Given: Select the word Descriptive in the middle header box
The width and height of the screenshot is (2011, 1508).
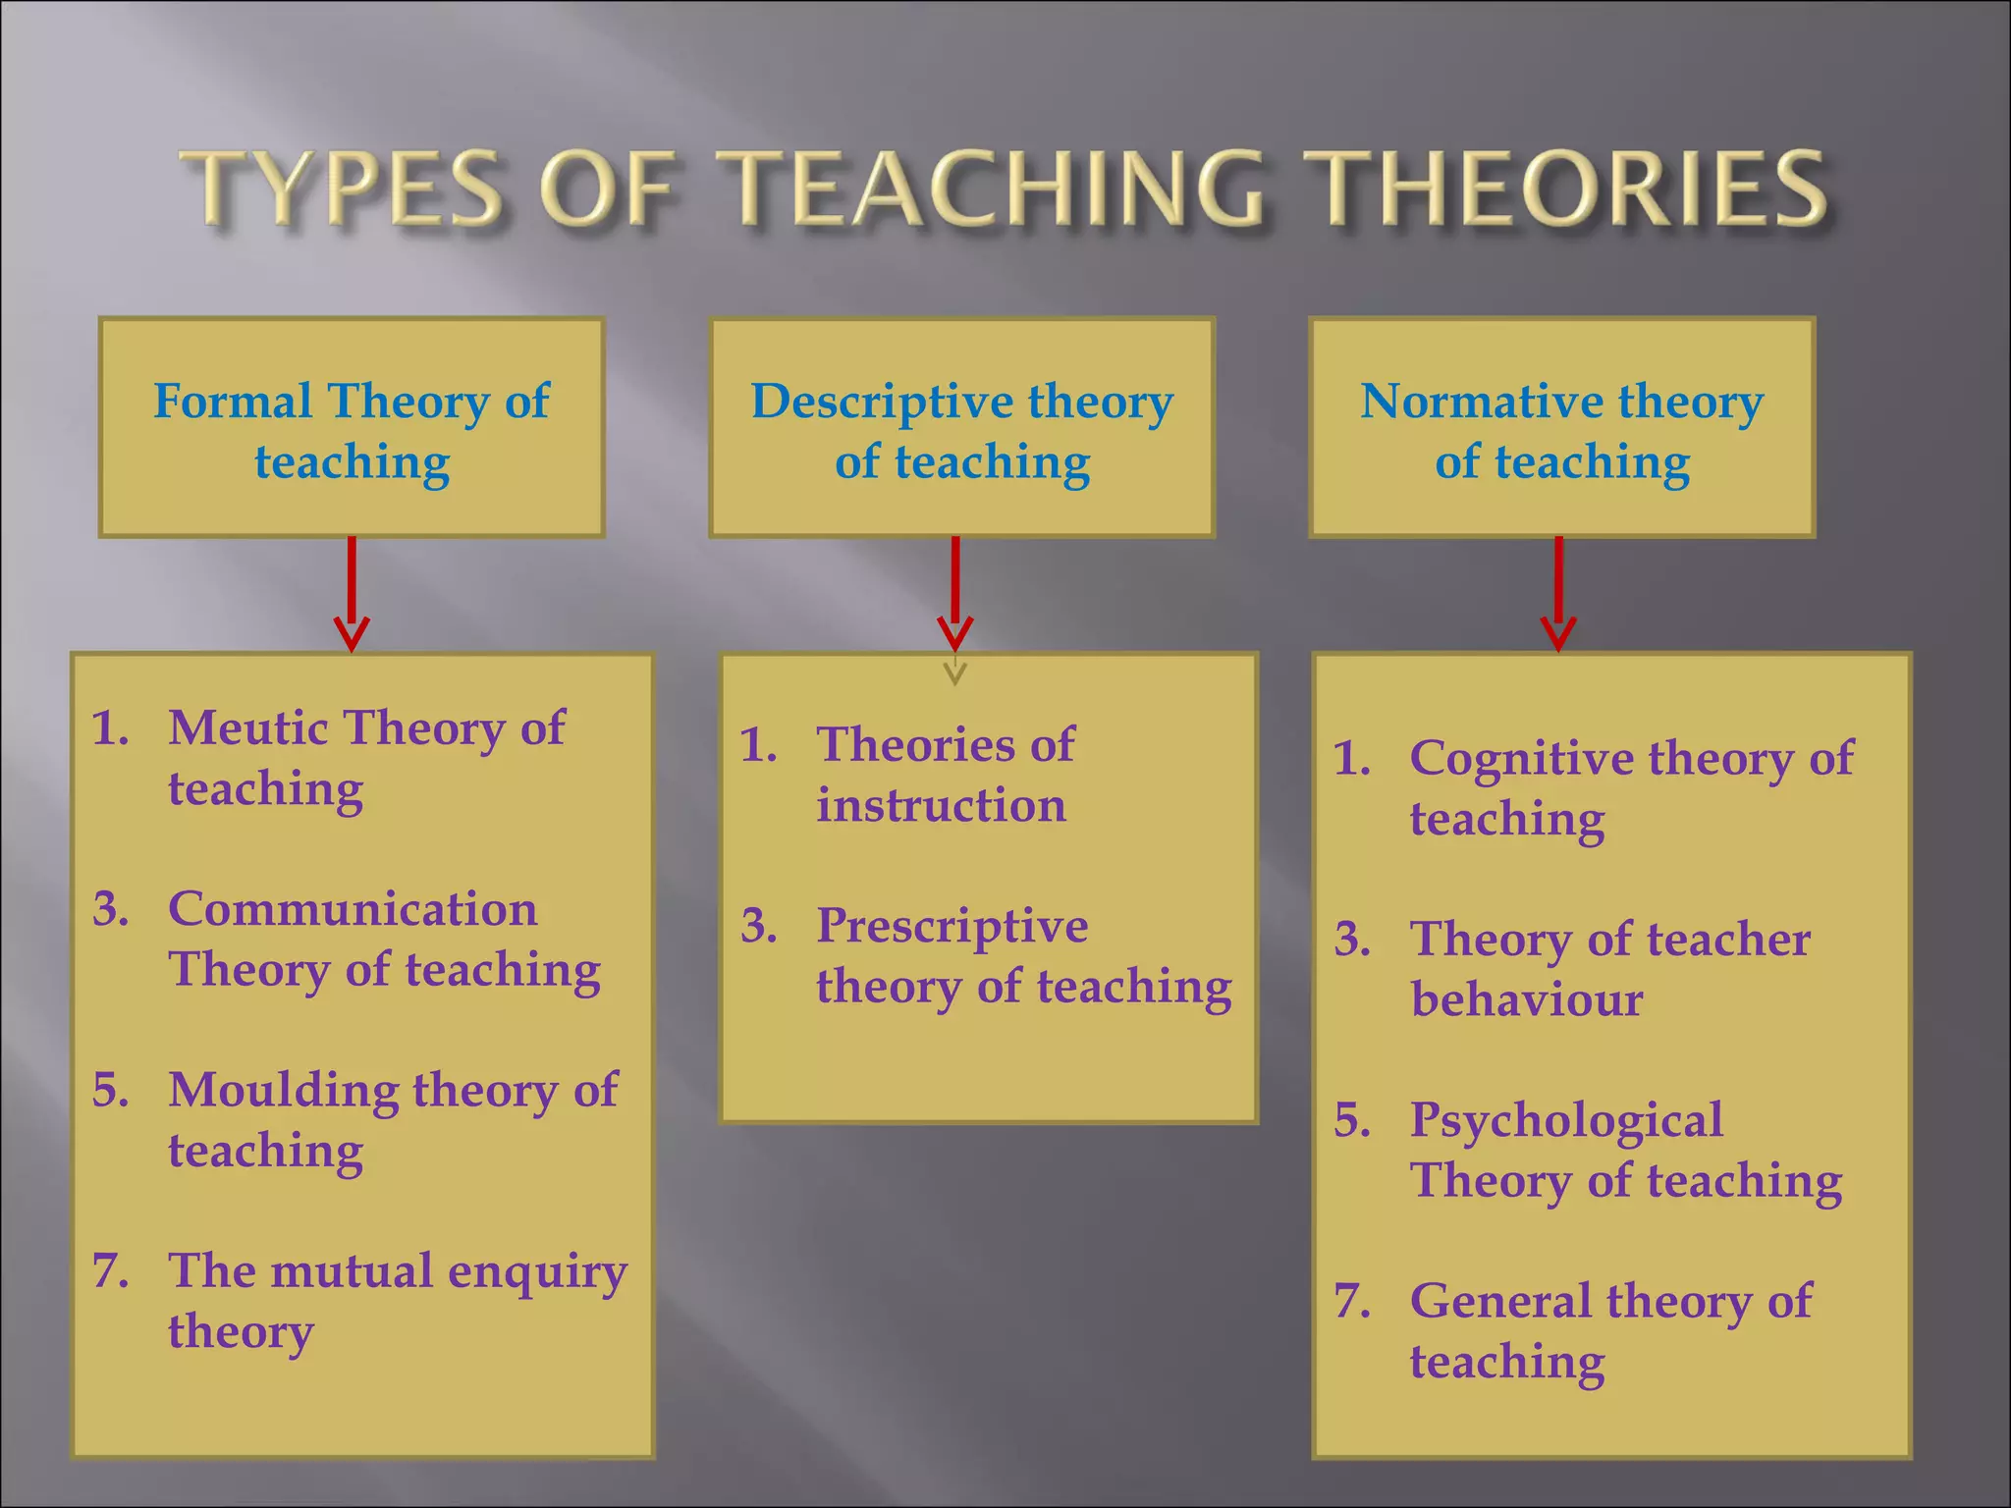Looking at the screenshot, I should click(x=881, y=402).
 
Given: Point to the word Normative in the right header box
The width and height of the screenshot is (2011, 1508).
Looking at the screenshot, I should click(x=1480, y=402).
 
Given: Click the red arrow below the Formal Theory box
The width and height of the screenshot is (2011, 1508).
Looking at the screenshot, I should click(x=352, y=593).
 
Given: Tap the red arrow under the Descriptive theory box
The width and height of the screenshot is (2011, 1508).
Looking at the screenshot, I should click(x=955, y=593).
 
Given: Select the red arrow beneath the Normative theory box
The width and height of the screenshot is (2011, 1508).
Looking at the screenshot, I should click(x=1558, y=593).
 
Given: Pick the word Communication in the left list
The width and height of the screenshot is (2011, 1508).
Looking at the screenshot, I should click(x=353, y=909).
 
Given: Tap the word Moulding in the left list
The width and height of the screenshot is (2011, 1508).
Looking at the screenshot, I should click(x=283, y=1090).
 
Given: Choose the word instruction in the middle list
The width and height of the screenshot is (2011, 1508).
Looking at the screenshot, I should click(x=941, y=806).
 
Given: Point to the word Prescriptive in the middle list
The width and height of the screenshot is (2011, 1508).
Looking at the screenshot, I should click(x=952, y=927).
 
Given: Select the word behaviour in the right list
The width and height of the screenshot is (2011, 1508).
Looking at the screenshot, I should click(x=1527, y=1000).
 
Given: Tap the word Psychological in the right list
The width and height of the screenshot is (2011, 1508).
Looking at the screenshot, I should click(x=1566, y=1121).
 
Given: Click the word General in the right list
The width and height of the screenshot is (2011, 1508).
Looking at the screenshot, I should click(x=1500, y=1302).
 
